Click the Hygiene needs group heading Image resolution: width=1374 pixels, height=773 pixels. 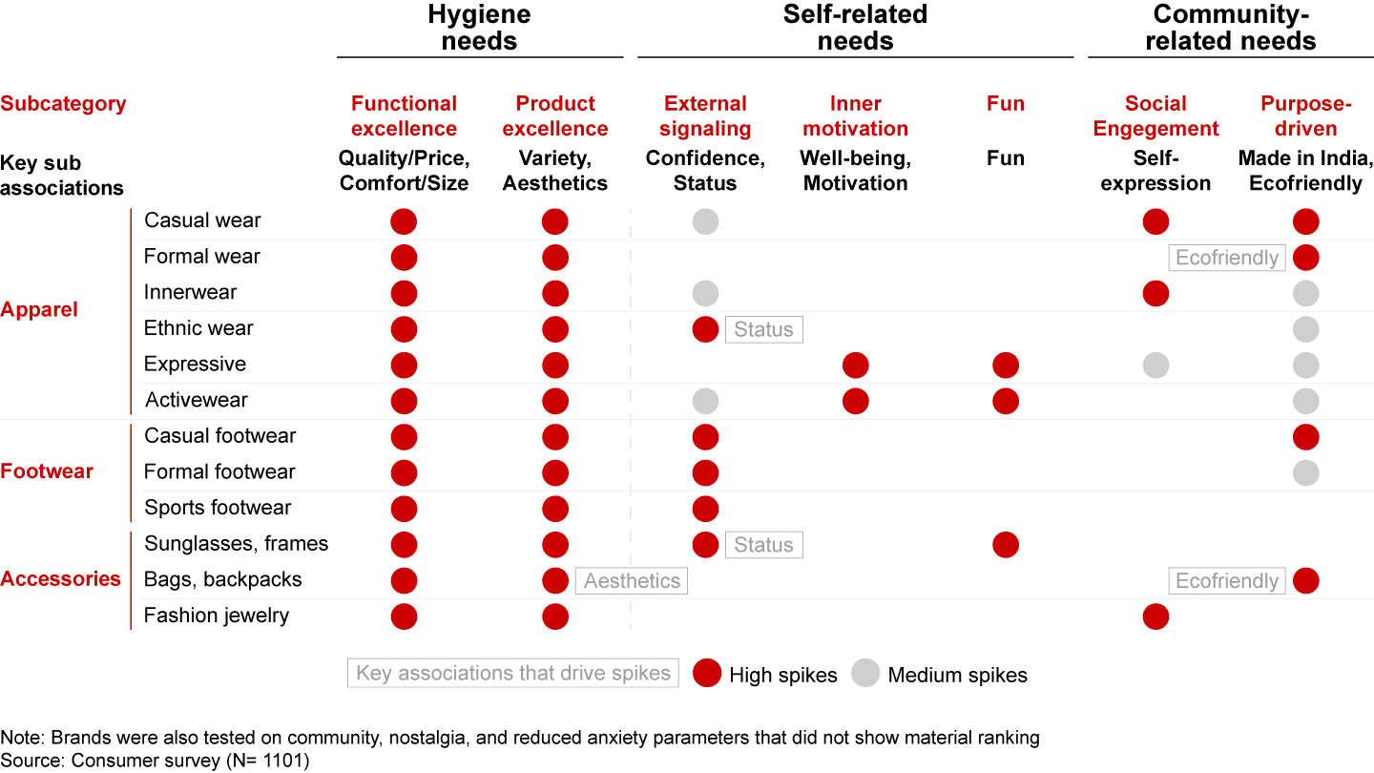click(479, 28)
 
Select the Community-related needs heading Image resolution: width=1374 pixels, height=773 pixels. click(1230, 28)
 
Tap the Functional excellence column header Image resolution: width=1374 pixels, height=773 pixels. click(404, 115)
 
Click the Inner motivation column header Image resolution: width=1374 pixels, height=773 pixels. click(855, 115)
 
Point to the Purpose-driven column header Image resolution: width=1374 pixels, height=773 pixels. click(1305, 115)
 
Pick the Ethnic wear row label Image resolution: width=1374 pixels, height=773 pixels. click(198, 328)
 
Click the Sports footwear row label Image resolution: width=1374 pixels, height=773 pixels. click(218, 508)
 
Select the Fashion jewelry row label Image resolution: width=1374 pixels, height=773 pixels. click(216, 616)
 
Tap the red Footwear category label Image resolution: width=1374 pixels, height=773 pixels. click(47, 471)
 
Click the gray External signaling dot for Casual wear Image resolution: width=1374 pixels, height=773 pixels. click(705, 221)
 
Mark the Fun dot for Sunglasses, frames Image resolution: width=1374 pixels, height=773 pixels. click(1006, 545)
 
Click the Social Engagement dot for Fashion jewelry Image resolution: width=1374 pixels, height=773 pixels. click(1155, 616)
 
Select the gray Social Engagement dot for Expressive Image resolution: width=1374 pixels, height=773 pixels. click(1155, 365)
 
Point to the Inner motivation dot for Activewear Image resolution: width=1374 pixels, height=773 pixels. click(856, 401)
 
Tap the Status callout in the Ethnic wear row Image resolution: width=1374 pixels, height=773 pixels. click(763, 329)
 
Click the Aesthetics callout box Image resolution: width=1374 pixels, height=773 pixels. click(632, 581)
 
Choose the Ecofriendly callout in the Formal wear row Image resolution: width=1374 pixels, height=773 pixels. click(1227, 258)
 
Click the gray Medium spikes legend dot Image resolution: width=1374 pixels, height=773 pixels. click(866, 673)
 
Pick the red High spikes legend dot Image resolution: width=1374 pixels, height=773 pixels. click(707, 673)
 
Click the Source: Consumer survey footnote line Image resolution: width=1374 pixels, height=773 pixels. click(155, 761)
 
